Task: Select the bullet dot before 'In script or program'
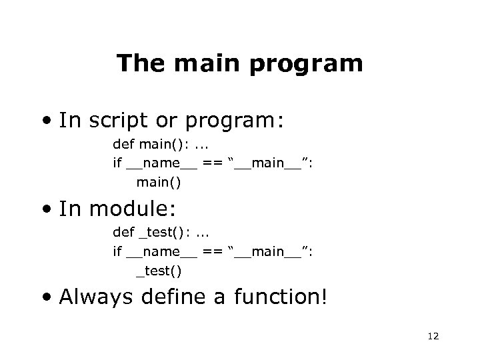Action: click(47, 121)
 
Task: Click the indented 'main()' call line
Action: click(159, 181)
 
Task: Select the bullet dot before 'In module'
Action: click(47, 210)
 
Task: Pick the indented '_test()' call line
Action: click(159, 270)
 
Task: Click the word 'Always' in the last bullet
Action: click(99, 297)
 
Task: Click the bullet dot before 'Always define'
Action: click(47, 298)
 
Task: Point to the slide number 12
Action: click(432, 337)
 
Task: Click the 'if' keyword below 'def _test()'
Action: click(117, 251)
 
